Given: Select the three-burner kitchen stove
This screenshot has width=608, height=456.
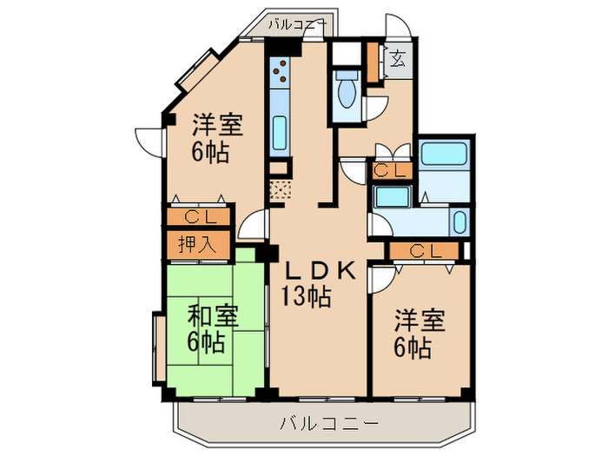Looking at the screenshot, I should (x=281, y=71).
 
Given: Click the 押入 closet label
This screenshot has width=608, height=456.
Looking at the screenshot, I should (x=198, y=243).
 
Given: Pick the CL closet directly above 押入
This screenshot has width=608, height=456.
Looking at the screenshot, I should (x=198, y=216).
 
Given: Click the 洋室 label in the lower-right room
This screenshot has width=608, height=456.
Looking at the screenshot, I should (x=420, y=321).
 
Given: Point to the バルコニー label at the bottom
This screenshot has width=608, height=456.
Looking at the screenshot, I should (x=329, y=425).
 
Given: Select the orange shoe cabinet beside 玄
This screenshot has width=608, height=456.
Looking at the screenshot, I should (x=372, y=61).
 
